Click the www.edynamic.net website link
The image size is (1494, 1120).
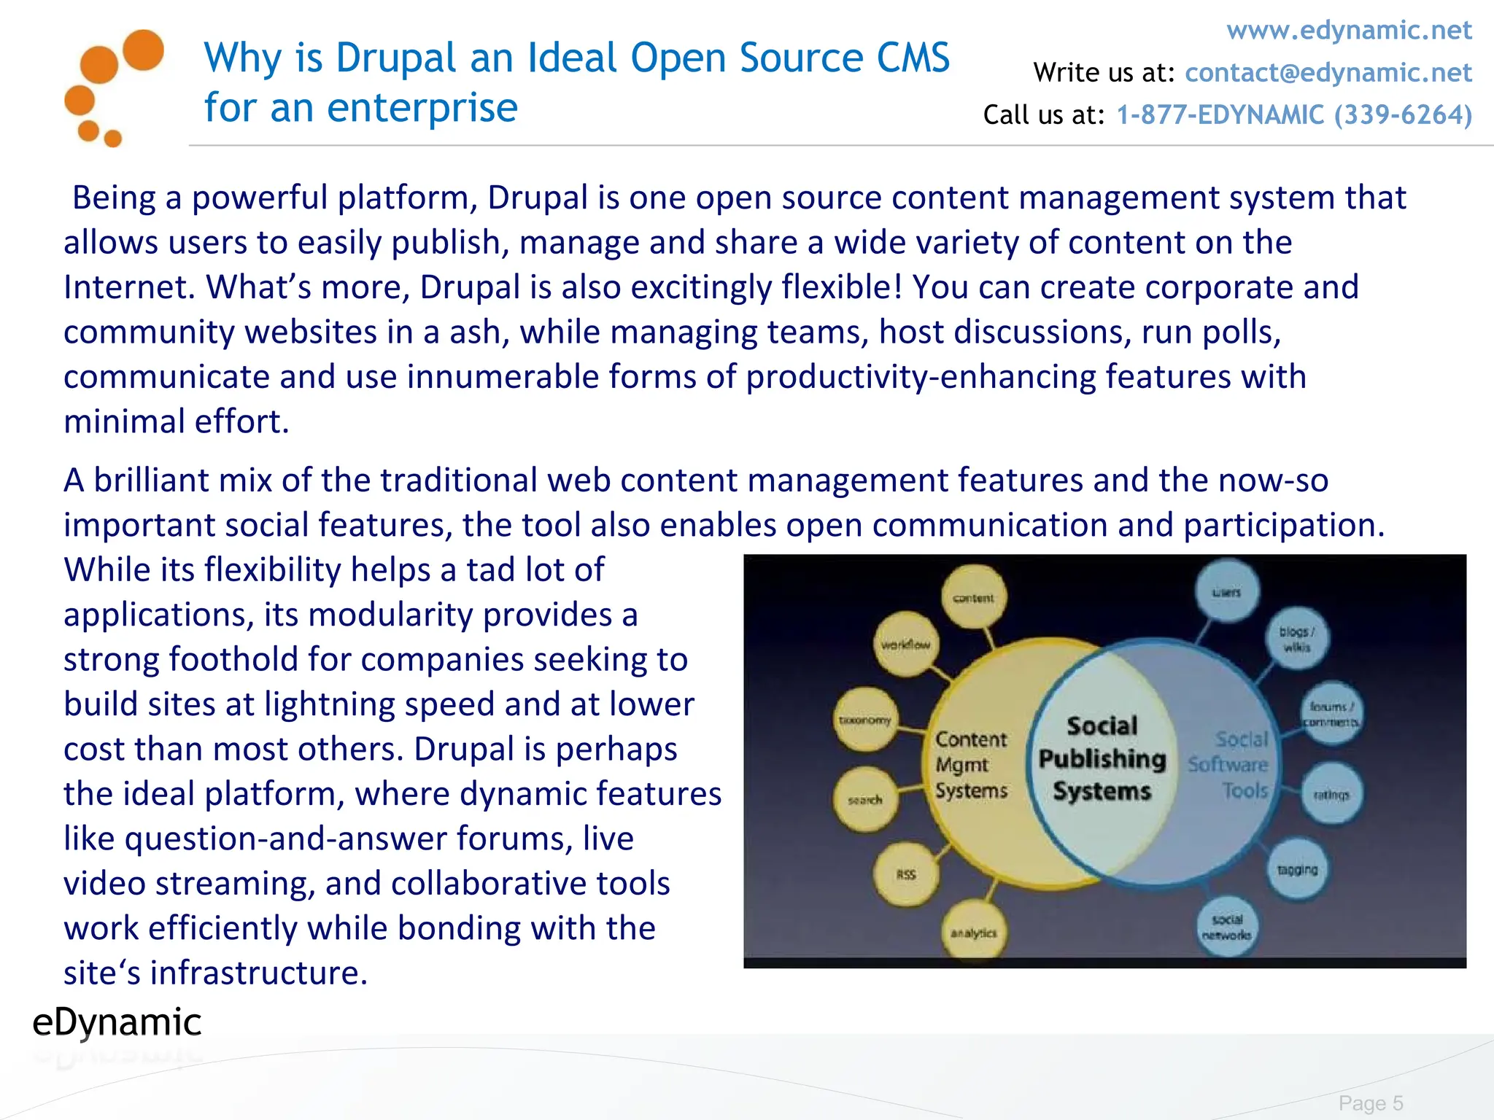tap(1349, 31)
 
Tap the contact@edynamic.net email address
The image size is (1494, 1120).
tap(1328, 73)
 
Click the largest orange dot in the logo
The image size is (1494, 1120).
tap(143, 50)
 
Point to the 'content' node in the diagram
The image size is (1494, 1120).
tap(973, 597)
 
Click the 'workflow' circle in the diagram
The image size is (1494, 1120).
tap(905, 645)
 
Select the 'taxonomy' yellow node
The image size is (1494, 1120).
tap(865, 720)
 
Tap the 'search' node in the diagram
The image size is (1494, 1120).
tap(865, 799)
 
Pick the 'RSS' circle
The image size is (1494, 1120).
tap(906, 874)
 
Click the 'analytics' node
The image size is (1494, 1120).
tap(973, 932)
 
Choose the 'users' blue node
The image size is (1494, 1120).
tap(1226, 591)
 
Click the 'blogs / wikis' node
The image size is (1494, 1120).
tap(1296, 639)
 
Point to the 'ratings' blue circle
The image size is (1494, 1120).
tap(1331, 794)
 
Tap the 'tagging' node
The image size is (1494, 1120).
tap(1297, 869)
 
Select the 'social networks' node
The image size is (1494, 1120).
tap(1226, 927)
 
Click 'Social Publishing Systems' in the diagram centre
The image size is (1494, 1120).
tap(1102, 758)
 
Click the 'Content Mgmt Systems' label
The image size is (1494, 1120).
tap(971, 764)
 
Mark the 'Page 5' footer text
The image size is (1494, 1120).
tap(1371, 1102)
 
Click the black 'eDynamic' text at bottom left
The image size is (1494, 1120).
tap(117, 1022)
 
